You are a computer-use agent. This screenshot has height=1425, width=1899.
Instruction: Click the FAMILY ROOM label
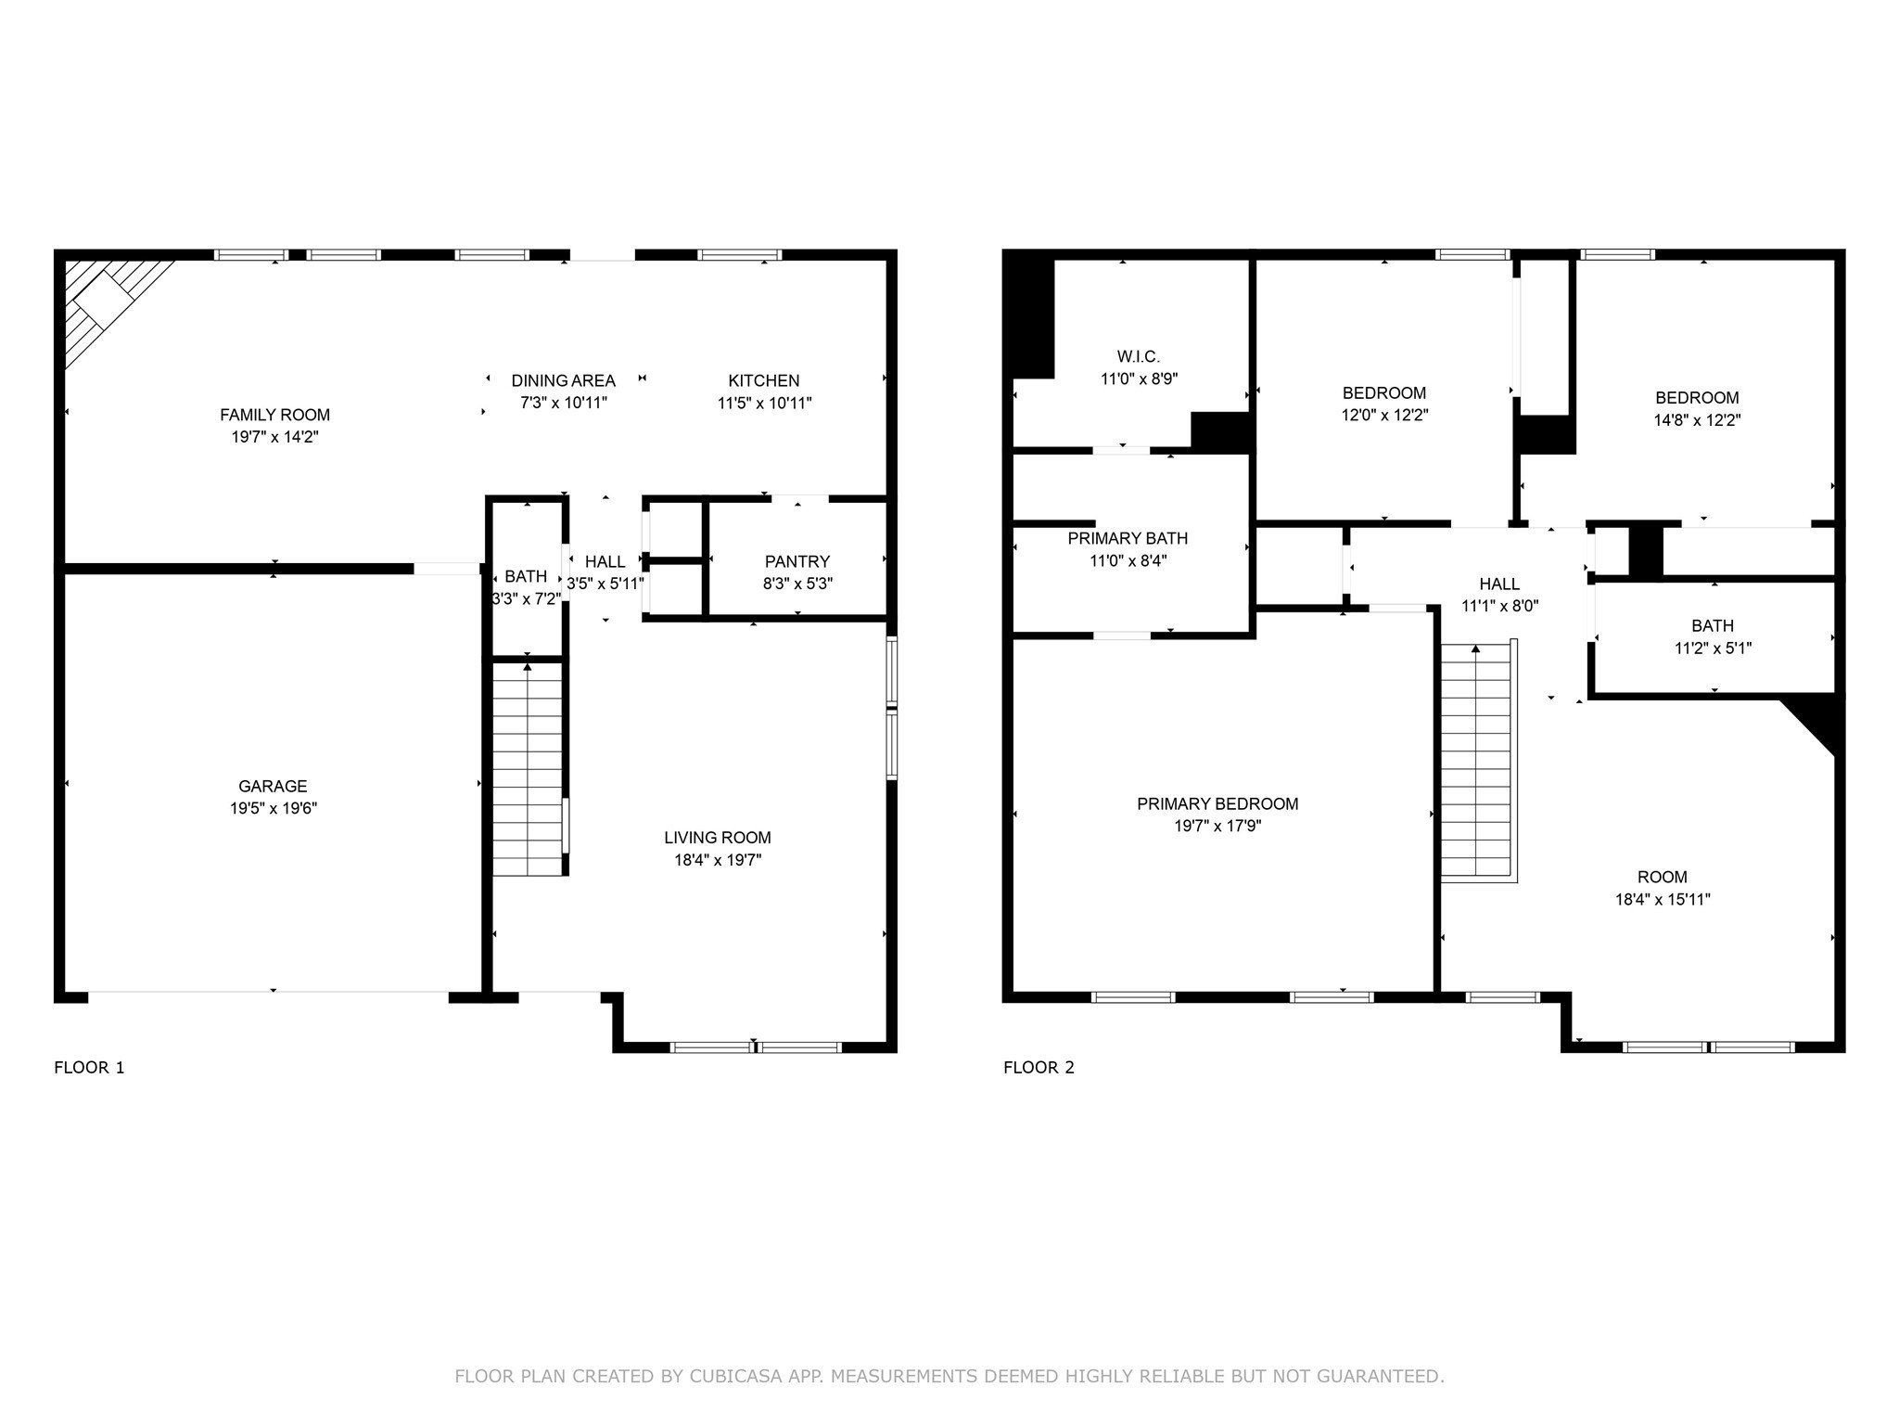tap(274, 415)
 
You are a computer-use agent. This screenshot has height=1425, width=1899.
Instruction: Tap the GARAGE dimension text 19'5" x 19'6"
tap(274, 808)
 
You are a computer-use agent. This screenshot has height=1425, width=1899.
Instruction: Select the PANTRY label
tap(797, 561)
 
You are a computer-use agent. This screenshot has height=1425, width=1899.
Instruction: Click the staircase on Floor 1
tap(528, 768)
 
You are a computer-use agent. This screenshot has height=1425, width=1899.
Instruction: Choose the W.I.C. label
tap(1139, 356)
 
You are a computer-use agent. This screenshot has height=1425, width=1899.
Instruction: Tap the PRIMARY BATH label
tap(1128, 538)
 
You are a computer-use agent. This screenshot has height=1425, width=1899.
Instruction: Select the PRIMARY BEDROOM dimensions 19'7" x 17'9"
tap(1217, 826)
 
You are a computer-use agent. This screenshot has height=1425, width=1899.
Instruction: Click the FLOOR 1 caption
tap(89, 1067)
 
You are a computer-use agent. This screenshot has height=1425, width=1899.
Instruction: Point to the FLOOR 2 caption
tap(1039, 1067)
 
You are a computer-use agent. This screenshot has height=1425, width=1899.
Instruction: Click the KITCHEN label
tap(764, 380)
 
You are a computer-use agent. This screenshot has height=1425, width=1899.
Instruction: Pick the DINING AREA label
tap(564, 380)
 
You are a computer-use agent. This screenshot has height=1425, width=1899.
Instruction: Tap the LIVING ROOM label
tap(718, 838)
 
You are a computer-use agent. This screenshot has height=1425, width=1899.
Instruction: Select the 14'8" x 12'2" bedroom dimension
tap(1697, 420)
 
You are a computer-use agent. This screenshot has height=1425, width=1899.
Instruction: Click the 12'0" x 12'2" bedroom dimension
tap(1384, 416)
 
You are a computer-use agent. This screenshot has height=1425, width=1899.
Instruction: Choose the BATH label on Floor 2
tap(1713, 626)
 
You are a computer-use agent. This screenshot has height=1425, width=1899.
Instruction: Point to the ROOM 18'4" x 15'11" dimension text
tap(1663, 899)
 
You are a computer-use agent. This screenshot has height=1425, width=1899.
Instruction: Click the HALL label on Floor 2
tap(1499, 584)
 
